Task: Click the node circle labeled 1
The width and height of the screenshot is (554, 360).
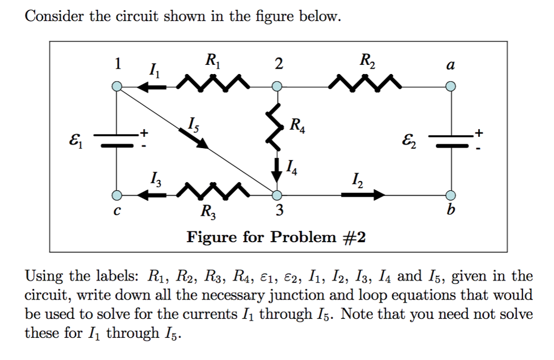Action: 116,86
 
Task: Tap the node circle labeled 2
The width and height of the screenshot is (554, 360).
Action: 277,86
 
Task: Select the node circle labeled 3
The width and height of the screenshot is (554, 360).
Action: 277,195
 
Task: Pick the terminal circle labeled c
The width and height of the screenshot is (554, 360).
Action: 116,195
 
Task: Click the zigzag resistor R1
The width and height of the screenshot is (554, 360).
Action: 212,84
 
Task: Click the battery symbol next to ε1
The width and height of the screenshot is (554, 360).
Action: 116,140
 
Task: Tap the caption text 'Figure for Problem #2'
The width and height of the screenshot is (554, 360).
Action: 276,237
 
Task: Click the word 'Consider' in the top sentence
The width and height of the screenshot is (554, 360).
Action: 55,17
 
